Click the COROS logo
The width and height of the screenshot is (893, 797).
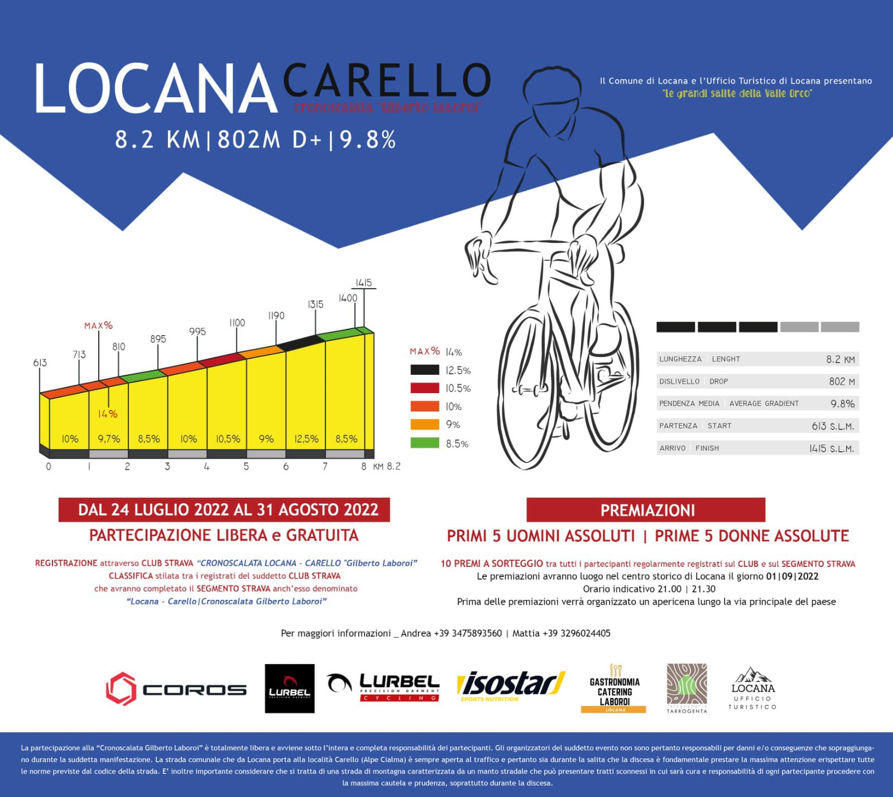pos(176,689)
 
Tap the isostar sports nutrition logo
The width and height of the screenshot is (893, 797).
pos(511,686)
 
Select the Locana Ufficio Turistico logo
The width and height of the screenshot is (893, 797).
pos(752,689)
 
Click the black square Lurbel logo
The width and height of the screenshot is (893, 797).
pos(289,689)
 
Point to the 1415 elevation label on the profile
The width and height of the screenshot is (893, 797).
pos(363,283)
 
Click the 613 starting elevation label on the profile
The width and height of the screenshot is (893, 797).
pos(40,363)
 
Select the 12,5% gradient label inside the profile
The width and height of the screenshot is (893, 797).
pos(306,439)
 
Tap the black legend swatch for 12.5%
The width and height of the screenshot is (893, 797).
pos(425,370)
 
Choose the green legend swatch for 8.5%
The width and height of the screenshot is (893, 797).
pos(425,443)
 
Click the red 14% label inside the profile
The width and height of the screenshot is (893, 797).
pos(108,414)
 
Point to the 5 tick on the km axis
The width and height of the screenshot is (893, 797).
pos(246,466)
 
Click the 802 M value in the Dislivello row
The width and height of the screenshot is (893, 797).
pos(842,381)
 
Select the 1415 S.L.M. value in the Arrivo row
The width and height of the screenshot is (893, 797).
pos(832,448)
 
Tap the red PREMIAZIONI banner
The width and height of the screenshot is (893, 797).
pos(646,510)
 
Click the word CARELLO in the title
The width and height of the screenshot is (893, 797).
pos(387,82)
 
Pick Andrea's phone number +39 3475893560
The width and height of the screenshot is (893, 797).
pos(468,633)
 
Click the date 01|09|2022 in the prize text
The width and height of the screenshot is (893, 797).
pos(792,576)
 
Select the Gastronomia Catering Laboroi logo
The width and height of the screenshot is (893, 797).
pos(614,689)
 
